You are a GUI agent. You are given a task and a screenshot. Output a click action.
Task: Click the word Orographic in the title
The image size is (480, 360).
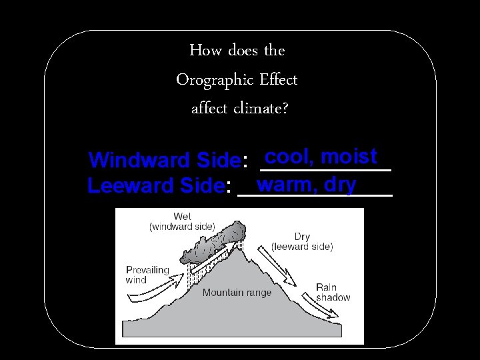pos(213,80)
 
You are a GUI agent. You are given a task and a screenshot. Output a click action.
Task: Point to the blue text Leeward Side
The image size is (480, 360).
pos(155,185)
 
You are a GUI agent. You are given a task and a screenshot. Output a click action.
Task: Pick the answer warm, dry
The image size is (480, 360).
pos(306,183)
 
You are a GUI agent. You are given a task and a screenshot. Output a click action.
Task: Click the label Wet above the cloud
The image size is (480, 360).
pos(182,217)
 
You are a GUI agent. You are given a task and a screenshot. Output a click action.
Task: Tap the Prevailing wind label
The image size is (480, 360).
pos(147,275)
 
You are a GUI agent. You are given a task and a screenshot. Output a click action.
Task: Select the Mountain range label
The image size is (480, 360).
pos(237,293)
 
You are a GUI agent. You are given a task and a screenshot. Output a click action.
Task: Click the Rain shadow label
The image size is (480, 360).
pos(333,292)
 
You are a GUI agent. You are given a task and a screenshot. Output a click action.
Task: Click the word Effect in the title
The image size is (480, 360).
pos(279,80)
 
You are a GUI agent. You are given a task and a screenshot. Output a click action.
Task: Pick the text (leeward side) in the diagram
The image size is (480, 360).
pos(301,247)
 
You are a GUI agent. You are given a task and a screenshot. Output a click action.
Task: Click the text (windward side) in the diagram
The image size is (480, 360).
pos(182,227)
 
